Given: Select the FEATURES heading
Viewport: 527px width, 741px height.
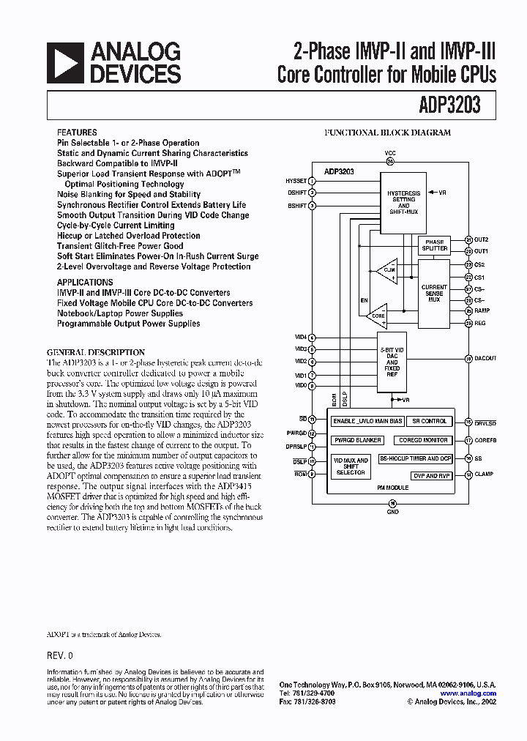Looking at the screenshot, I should [77, 133].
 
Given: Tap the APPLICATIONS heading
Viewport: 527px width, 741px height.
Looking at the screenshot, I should [85, 282].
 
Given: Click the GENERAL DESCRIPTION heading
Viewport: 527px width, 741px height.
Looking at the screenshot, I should [96, 352].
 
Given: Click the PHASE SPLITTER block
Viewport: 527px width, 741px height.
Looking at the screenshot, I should [434, 245].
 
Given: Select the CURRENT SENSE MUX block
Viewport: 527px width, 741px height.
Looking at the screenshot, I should [434, 294].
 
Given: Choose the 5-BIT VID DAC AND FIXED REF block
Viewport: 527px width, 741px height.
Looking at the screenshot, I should [392, 362].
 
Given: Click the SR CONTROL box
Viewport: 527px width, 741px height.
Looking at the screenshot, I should [430, 421].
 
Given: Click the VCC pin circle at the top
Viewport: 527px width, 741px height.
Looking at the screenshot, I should [390, 161].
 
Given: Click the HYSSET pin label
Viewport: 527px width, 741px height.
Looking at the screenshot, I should [296, 180].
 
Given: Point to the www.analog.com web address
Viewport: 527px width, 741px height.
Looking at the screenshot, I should [468, 693].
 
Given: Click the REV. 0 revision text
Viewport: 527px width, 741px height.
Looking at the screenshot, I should [60, 655].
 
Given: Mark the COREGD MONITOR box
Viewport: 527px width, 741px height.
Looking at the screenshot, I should [423, 440].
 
